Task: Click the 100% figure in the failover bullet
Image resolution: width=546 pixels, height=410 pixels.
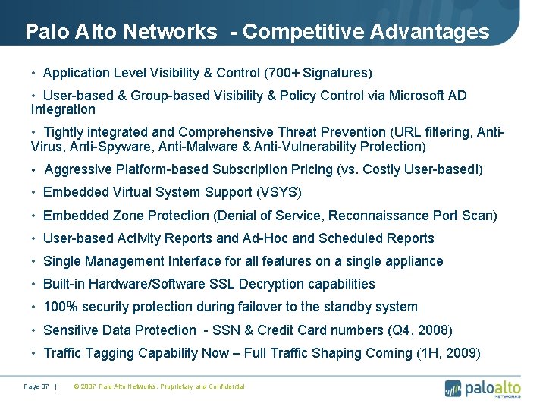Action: [x=59, y=307]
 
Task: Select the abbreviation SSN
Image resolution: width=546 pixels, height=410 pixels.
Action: [x=227, y=330]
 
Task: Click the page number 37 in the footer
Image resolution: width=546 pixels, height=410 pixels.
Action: [x=45, y=387]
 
